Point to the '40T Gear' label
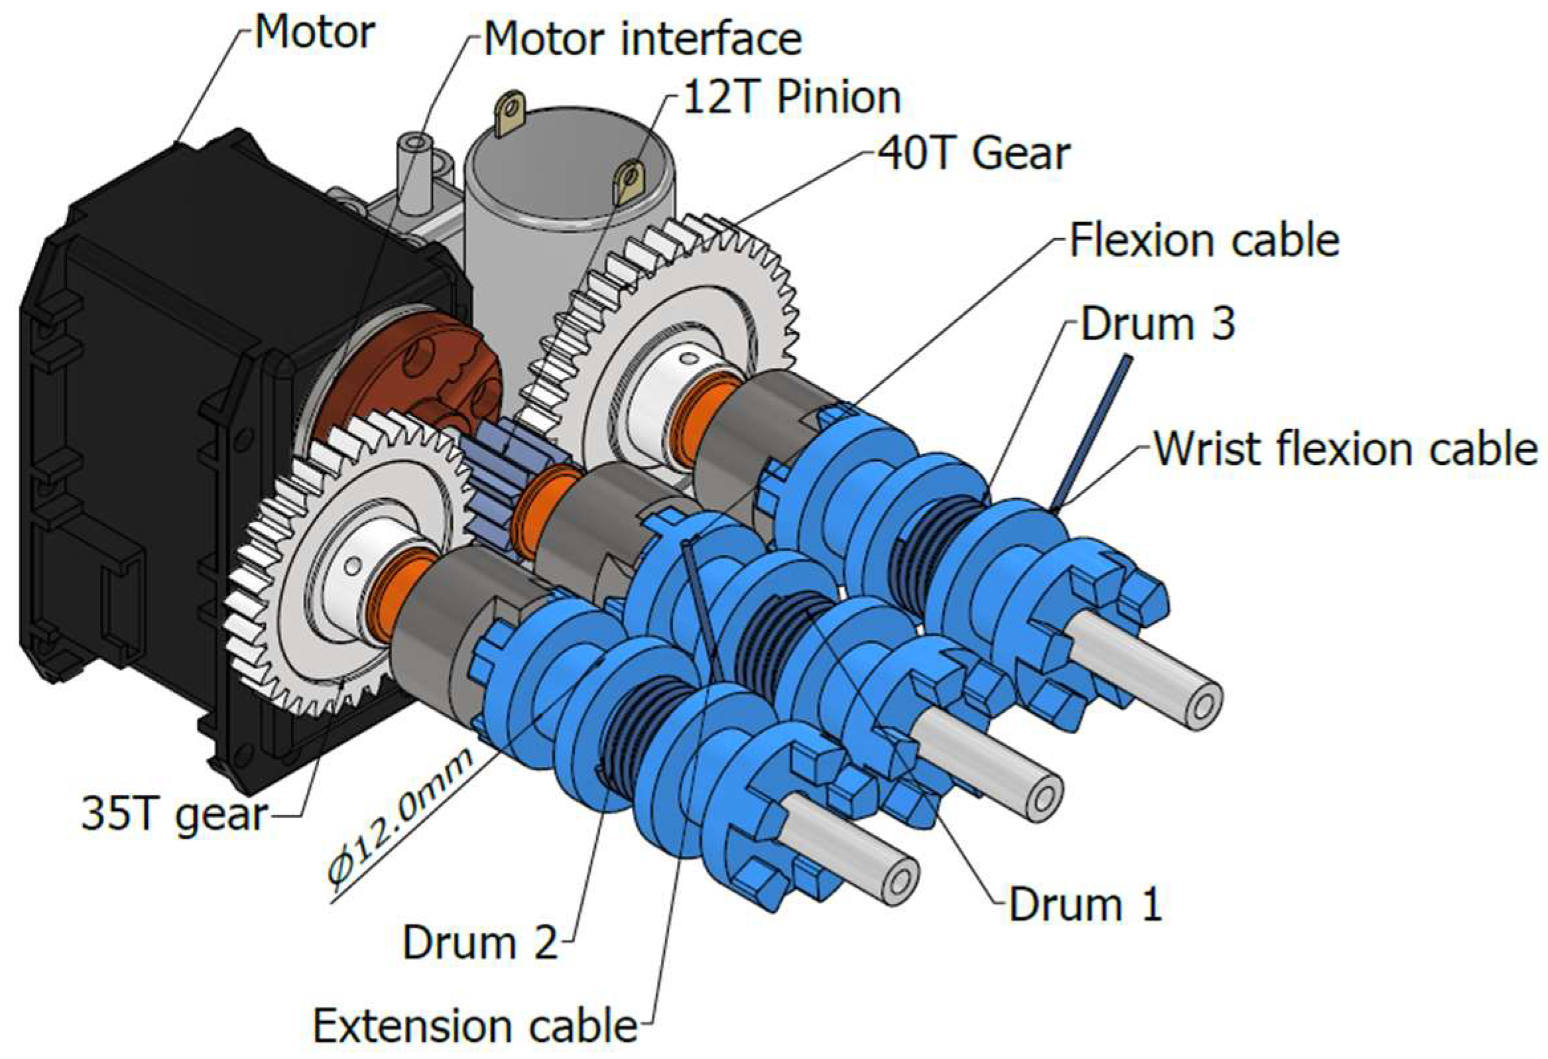click(x=973, y=154)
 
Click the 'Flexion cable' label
click(x=1205, y=241)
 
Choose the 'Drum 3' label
click(x=1158, y=324)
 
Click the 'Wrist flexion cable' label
click(x=1346, y=448)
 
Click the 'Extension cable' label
click(x=475, y=1026)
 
